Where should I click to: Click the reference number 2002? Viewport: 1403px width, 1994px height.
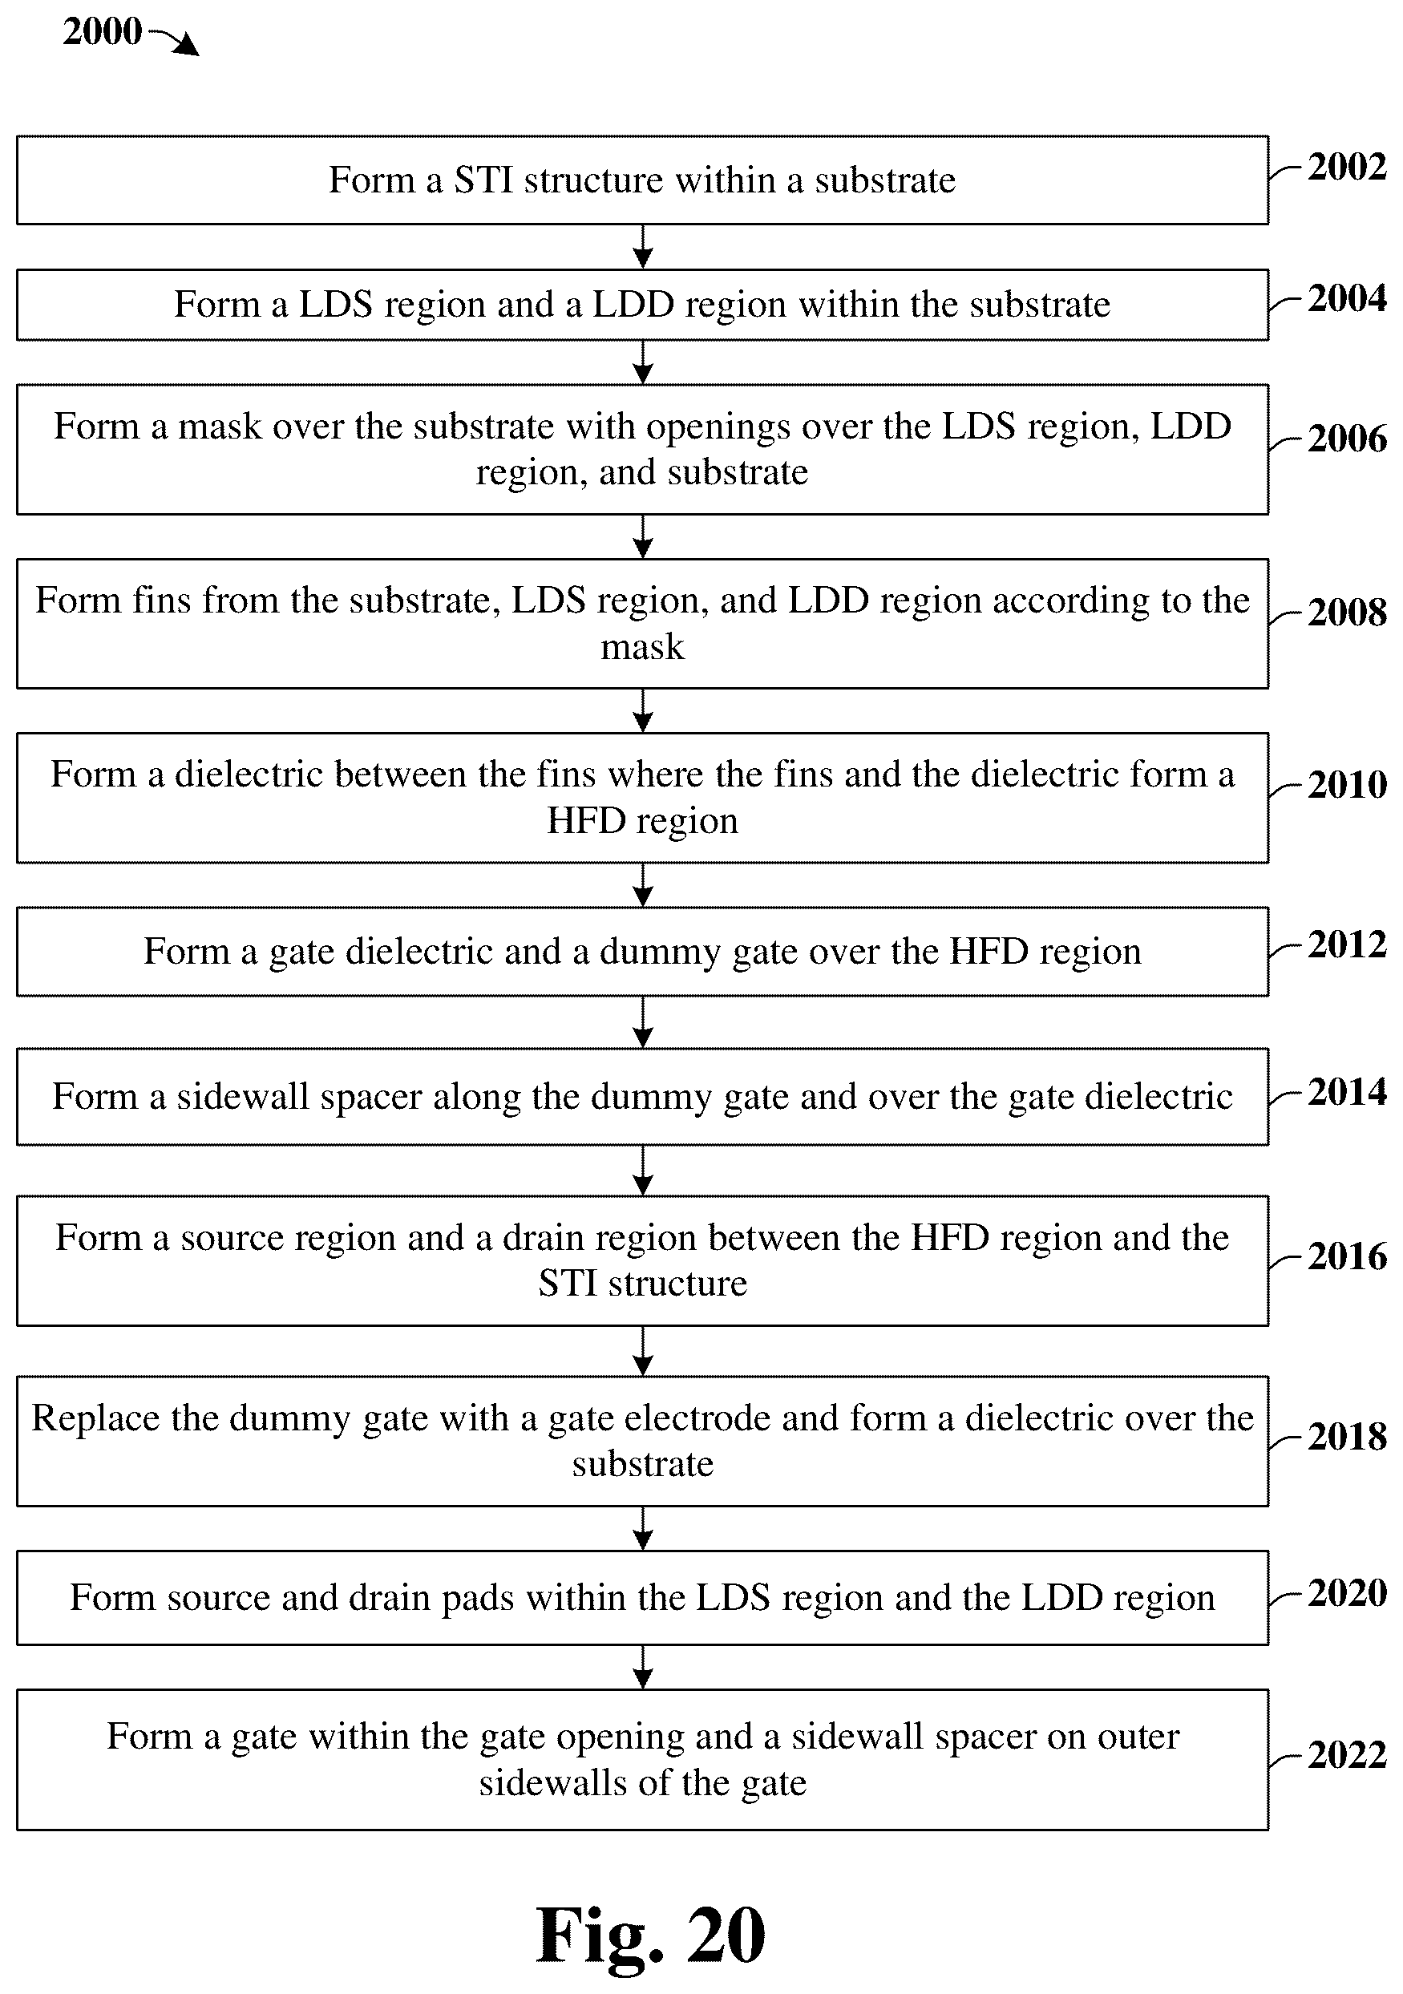point(1347,167)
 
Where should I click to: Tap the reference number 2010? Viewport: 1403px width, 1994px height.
point(1347,785)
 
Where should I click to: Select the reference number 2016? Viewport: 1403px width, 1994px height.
point(1347,1256)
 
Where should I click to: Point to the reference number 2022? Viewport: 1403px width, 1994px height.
point(1347,1756)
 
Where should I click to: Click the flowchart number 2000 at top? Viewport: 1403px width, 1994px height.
point(103,32)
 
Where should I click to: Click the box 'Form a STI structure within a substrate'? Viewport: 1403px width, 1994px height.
point(642,180)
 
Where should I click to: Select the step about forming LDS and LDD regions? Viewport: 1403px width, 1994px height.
point(642,305)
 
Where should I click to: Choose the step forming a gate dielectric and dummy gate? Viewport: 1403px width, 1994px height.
point(642,952)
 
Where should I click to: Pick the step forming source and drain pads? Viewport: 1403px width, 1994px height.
point(642,1598)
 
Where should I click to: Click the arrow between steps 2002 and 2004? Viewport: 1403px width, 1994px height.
point(642,247)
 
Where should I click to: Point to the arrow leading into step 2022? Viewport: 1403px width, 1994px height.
point(642,1668)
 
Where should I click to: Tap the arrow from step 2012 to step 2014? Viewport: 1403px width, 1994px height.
point(642,1022)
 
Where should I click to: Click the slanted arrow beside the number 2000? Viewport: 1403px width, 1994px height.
point(175,42)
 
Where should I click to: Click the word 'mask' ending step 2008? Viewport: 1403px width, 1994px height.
point(642,647)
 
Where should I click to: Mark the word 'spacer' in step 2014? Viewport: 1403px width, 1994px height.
point(370,1098)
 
